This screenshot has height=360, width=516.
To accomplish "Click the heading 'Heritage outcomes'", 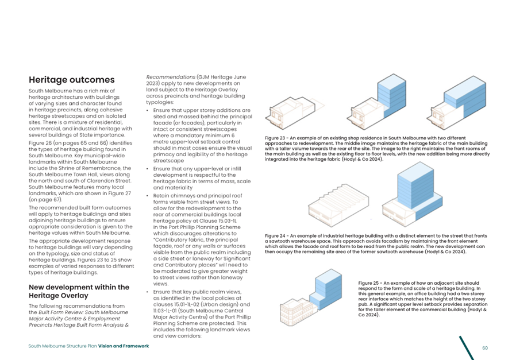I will (x=71, y=80).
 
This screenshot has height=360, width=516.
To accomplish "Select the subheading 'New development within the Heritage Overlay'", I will (x=79, y=291).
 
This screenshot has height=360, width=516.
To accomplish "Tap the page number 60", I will (x=485, y=347).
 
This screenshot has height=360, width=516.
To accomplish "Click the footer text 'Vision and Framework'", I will (x=123, y=346).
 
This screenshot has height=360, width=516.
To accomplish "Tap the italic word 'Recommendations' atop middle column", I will (x=171, y=76).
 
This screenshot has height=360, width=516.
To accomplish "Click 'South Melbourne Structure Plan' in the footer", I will (x=63, y=346).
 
